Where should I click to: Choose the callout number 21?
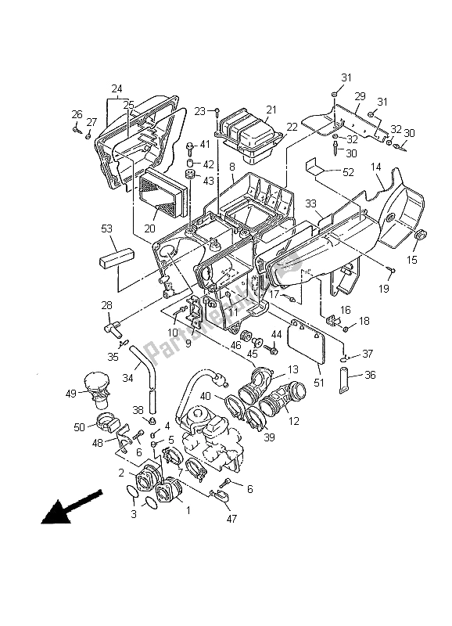[x=249, y=109]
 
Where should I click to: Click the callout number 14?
[x=375, y=167]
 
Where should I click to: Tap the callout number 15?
[x=411, y=260]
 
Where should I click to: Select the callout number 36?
[x=370, y=375]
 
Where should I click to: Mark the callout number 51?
[x=319, y=383]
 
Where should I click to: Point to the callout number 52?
[x=347, y=171]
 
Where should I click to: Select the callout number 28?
[x=106, y=305]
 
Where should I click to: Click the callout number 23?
[x=200, y=110]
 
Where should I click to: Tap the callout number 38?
[x=137, y=409]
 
